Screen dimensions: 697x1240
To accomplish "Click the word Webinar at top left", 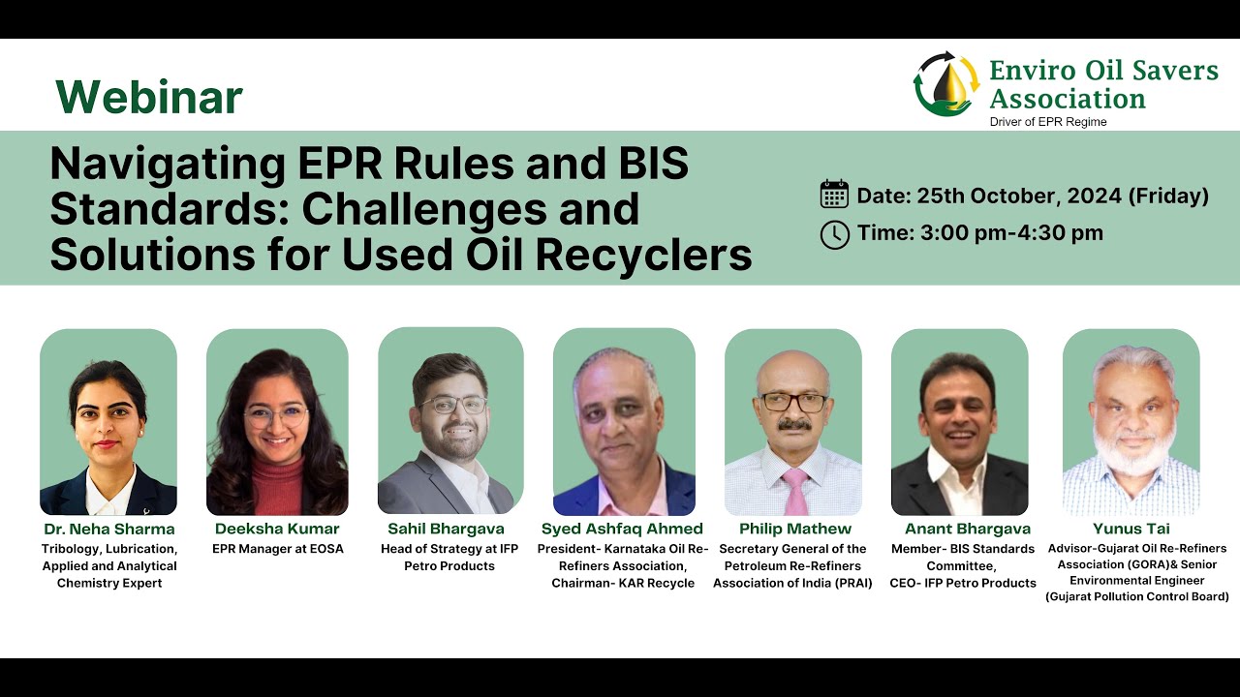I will [x=148, y=97].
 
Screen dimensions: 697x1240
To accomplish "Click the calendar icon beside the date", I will [x=834, y=195].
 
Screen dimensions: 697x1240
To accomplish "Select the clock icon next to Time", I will [x=834, y=234].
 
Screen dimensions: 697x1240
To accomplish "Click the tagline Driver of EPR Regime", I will [x=1047, y=122].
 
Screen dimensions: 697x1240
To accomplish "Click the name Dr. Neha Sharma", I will [x=109, y=529].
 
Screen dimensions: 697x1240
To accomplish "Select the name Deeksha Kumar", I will [x=277, y=529].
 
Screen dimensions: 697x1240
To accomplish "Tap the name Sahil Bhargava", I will [x=448, y=529].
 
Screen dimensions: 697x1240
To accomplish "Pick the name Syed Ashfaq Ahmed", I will [x=622, y=529].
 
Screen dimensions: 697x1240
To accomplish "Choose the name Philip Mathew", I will [x=794, y=529].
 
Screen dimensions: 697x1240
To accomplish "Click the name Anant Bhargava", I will [x=967, y=529].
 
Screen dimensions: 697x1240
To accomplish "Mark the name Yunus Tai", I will [x=1131, y=529].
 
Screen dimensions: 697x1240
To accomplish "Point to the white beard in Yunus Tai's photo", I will [x=1131, y=455].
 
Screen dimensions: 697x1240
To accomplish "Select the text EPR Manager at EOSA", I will [x=277, y=549].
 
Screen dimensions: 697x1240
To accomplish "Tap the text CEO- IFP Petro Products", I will [x=963, y=583].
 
